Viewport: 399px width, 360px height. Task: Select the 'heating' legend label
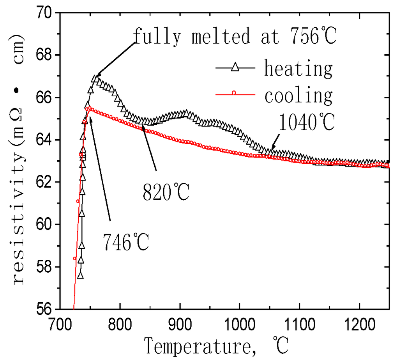[298, 69]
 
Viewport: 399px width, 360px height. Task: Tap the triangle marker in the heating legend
[234, 68]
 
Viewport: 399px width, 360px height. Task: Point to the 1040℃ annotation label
[307, 123]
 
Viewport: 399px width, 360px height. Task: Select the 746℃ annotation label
[126, 242]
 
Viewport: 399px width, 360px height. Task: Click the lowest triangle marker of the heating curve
[80, 275]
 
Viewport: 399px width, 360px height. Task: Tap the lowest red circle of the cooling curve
[74, 258]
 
